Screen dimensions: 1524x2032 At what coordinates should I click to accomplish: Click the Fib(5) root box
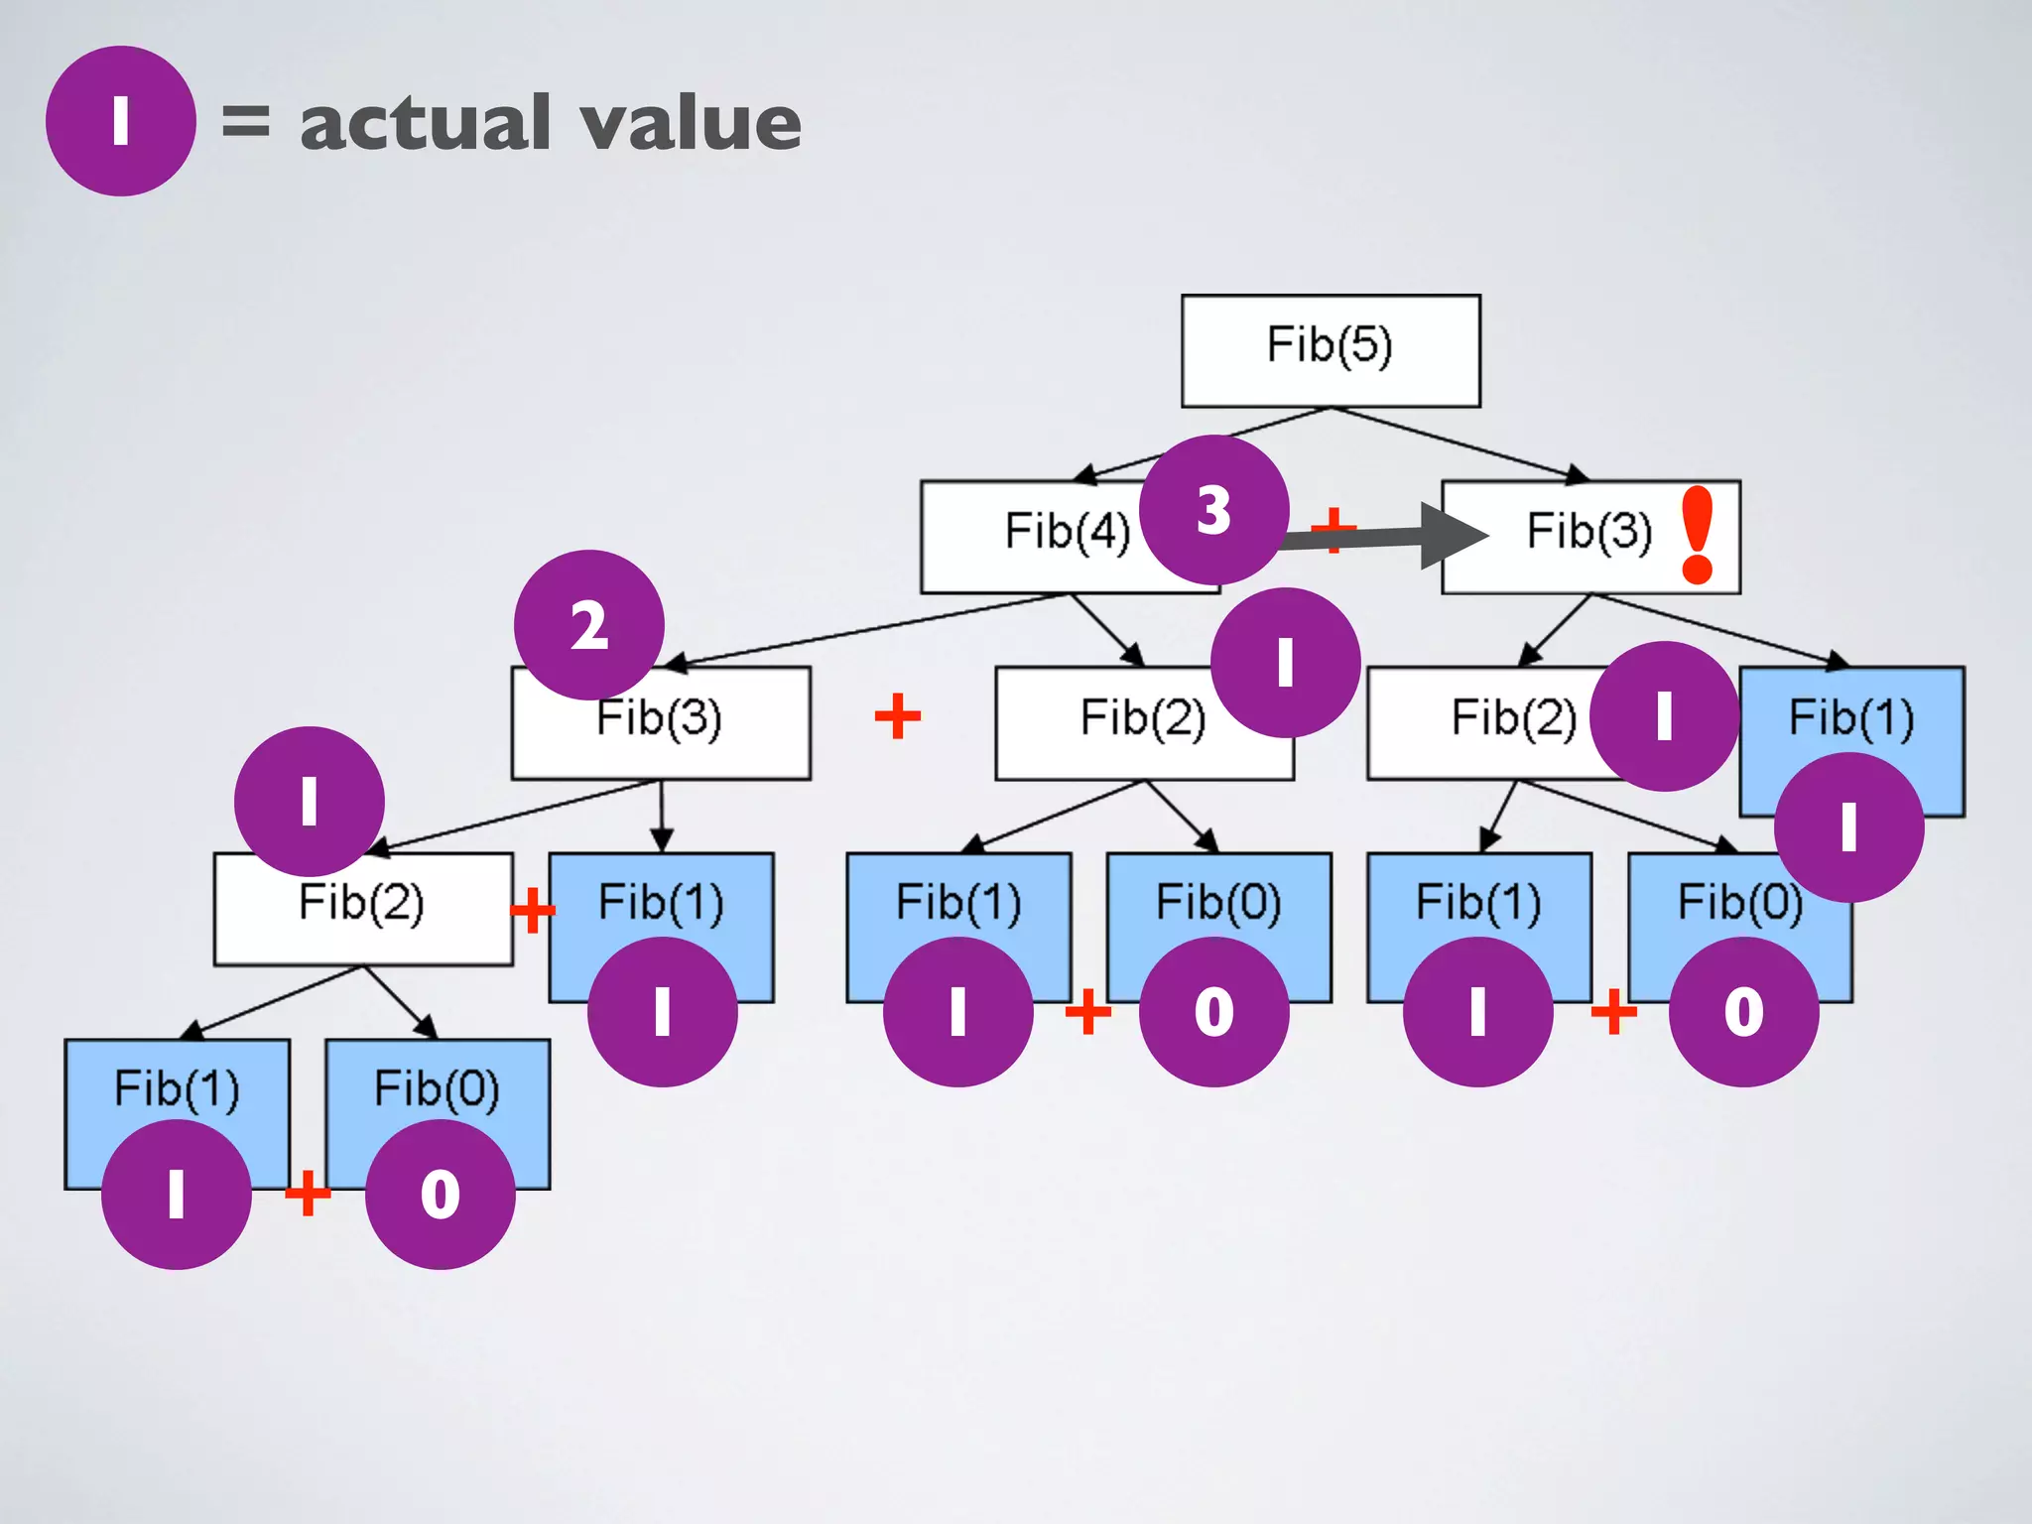click(1331, 350)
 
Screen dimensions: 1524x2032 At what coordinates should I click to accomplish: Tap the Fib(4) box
click(1052, 537)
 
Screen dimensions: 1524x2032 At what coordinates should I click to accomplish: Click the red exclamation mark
click(1698, 535)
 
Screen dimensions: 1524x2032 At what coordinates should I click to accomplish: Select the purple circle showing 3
click(1213, 510)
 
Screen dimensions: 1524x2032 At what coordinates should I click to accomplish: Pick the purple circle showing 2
click(589, 625)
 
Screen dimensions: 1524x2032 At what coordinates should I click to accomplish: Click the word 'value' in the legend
click(691, 123)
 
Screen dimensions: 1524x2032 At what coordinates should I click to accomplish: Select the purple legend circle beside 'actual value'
click(120, 121)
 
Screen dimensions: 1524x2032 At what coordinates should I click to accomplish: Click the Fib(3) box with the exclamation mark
click(1587, 537)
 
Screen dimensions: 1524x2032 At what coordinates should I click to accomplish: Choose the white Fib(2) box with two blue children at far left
click(363, 909)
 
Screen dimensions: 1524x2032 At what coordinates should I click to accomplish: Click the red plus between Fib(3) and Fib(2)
click(898, 716)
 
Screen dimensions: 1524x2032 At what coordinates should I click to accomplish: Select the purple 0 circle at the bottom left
click(440, 1195)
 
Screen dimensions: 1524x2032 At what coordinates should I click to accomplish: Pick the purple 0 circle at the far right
click(1743, 1012)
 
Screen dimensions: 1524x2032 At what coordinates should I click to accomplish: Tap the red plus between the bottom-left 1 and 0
click(308, 1193)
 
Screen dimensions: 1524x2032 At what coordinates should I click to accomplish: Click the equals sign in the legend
click(245, 121)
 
